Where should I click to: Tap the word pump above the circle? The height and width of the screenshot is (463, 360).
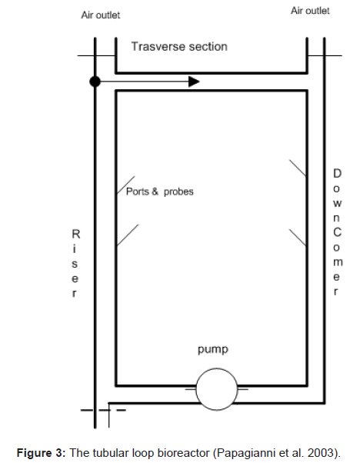point(213,350)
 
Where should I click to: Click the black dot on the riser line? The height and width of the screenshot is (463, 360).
point(95,82)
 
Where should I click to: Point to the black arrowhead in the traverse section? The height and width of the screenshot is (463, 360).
point(194,82)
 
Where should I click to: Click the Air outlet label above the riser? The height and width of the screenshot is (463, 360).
point(101,15)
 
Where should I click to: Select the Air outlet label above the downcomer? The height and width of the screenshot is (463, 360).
point(310,11)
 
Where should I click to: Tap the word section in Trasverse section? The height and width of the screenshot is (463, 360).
point(208,47)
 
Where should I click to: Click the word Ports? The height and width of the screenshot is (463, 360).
point(138,192)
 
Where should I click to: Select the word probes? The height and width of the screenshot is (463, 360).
point(178,192)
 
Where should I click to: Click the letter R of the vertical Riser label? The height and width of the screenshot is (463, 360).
point(76,234)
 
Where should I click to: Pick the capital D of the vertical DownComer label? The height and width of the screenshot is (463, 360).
point(337,173)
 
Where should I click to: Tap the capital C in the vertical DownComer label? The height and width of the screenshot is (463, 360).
point(337,232)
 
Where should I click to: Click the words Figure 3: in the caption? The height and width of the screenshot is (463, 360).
point(41,453)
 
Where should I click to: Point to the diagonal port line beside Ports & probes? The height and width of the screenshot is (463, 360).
point(126,185)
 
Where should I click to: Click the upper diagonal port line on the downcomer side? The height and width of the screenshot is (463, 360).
point(298,168)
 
